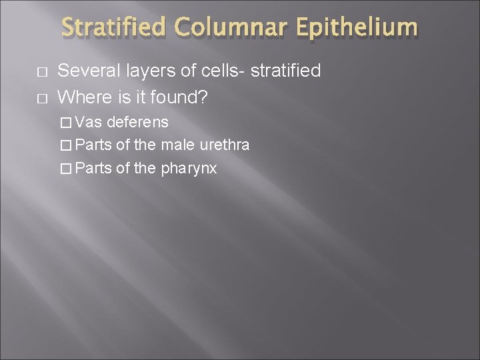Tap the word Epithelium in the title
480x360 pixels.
[357, 29]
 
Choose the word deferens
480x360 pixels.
[138, 122]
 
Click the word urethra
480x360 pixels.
[224, 145]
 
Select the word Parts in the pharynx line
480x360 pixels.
[93, 167]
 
